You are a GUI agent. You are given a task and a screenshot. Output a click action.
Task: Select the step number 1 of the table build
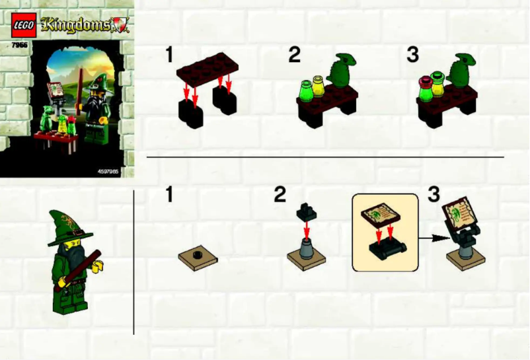(x=170, y=55)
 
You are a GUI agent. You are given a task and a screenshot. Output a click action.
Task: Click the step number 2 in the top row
(x=294, y=55)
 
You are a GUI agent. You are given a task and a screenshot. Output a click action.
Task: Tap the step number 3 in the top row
(x=413, y=55)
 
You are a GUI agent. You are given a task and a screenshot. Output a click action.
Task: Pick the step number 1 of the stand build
(x=170, y=194)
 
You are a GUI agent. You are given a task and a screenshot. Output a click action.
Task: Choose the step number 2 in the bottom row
(x=280, y=194)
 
